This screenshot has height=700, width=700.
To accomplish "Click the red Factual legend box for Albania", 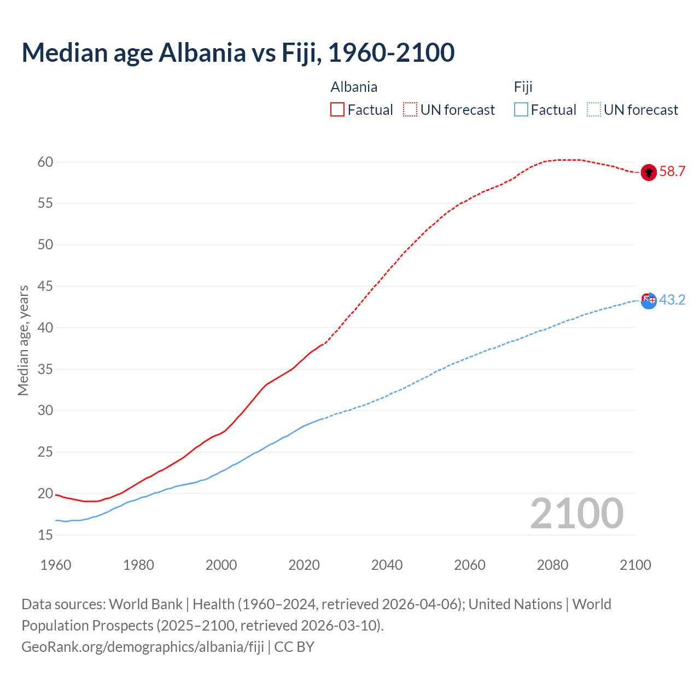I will click(x=337, y=110).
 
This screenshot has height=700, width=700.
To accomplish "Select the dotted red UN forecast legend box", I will click(x=410, y=110).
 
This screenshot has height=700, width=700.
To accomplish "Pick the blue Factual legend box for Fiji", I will click(x=521, y=110).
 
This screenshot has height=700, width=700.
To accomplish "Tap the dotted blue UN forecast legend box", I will click(x=593, y=110).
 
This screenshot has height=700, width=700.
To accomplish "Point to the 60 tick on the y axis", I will click(x=45, y=162).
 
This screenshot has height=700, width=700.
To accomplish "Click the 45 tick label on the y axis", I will click(x=45, y=286).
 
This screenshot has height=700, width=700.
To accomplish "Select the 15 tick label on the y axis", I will click(x=45, y=535).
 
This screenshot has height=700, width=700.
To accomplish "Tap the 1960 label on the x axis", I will click(x=56, y=565).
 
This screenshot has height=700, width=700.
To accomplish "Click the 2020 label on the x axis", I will click(x=304, y=565).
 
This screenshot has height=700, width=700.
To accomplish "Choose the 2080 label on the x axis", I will click(x=552, y=565).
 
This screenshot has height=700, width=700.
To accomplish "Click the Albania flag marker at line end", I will click(x=649, y=172).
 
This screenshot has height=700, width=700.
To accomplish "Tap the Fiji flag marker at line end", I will click(x=649, y=300).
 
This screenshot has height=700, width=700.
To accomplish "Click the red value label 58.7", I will click(x=672, y=172).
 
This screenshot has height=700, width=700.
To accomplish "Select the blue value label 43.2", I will click(x=672, y=300).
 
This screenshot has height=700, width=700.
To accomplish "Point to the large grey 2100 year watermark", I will click(x=576, y=514).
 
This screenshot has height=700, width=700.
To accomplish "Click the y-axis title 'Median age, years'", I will click(x=23, y=340).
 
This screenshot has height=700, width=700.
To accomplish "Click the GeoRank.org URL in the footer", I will click(x=143, y=647).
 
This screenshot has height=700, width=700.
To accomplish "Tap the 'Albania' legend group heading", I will click(x=354, y=87).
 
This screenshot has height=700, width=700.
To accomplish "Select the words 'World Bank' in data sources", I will click(x=145, y=604).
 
